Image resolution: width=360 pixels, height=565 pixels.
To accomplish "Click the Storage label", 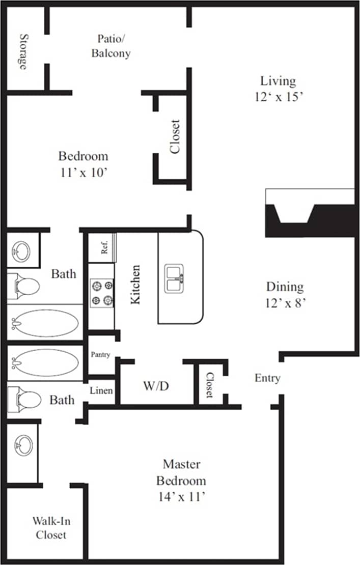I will pyautogui.click(x=23, y=51).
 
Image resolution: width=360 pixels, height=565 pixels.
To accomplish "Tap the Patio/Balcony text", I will pyautogui.click(x=110, y=46).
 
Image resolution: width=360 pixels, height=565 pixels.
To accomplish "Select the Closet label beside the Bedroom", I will pyautogui.click(x=175, y=136).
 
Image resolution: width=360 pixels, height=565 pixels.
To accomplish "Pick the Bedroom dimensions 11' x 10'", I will pyautogui.click(x=83, y=173).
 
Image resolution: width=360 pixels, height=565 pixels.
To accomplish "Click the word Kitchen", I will pyautogui.click(x=135, y=285).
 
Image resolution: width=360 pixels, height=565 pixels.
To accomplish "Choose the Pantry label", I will pyautogui.click(x=100, y=355).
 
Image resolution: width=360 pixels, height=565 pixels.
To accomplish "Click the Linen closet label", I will pyautogui.click(x=101, y=391).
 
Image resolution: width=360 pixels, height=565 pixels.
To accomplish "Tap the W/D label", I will pyautogui.click(x=156, y=386).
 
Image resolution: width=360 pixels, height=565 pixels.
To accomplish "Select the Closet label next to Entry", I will pyautogui.click(x=209, y=385).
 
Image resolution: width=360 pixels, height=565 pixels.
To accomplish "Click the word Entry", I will pyautogui.click(x=267, y=378).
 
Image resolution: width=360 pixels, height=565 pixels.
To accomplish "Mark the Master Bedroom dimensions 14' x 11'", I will pyautogui.click(x=181, y=495).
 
